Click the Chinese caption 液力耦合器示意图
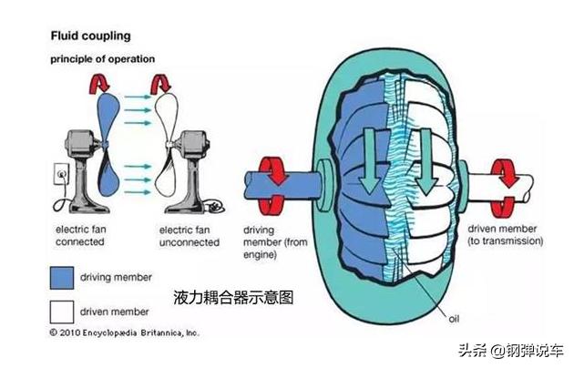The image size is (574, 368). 234,297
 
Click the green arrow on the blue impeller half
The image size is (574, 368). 368,158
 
